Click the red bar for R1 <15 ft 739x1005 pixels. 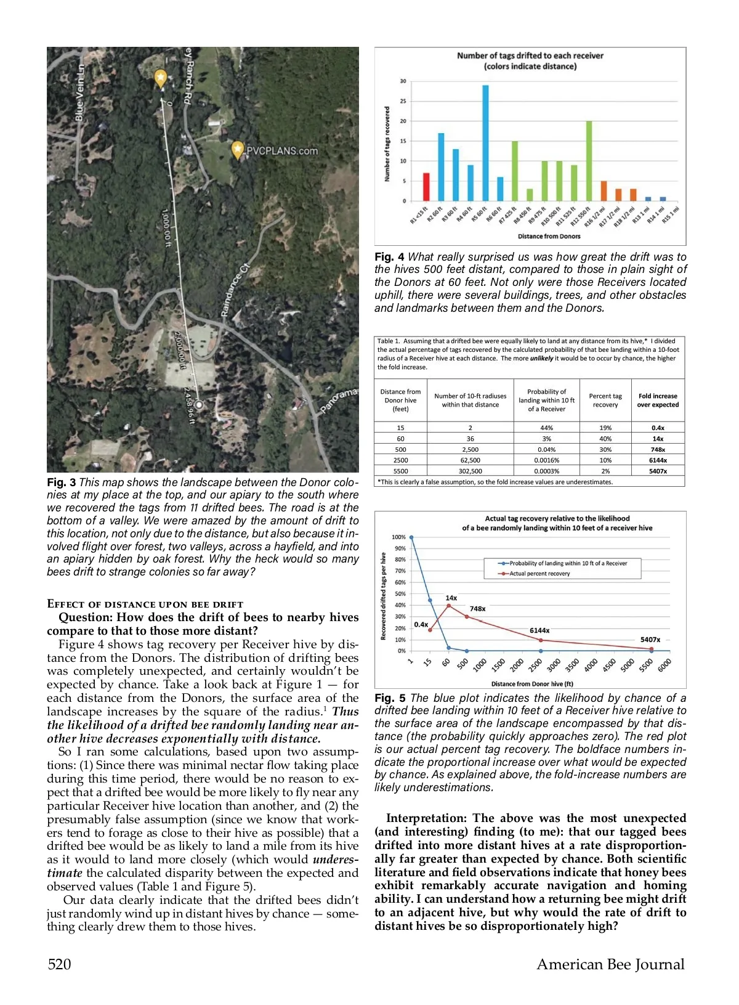426,187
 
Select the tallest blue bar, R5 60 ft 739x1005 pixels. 485,143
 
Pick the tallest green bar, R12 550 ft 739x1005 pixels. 589,161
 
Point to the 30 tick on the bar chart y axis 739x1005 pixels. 403,81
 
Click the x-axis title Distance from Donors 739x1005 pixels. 549,236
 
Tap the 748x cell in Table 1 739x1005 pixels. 658,450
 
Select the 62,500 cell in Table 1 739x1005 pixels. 470,460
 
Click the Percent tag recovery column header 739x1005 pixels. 605,401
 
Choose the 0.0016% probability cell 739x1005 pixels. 546,460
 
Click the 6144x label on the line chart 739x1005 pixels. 539,630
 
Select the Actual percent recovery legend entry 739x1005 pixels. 539,574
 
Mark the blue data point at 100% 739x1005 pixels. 411,537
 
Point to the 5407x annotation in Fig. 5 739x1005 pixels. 650,640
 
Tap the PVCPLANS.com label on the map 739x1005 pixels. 282,151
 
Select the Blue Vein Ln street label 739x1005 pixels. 79,92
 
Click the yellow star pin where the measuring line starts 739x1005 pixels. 160,78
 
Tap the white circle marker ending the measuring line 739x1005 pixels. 199,405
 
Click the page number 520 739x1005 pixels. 60,964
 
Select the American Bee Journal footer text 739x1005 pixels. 610,964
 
